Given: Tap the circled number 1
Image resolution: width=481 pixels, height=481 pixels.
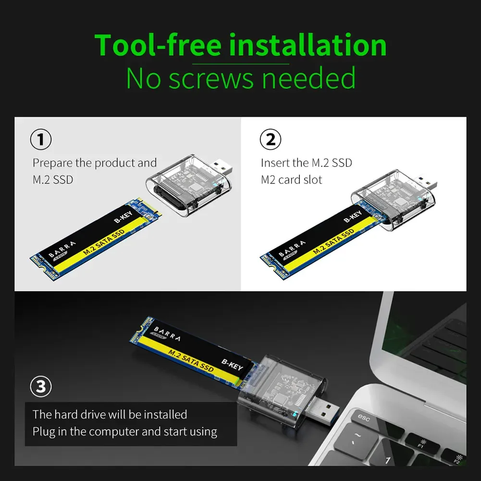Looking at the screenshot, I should [41, 140].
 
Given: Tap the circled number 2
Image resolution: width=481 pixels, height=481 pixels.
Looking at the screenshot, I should [271, 140].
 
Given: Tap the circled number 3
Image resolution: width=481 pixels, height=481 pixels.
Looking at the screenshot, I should [41, 387].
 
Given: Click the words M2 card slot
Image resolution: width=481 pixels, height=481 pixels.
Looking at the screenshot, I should [291, 180].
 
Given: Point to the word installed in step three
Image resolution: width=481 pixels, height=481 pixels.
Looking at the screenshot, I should [163, 414].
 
